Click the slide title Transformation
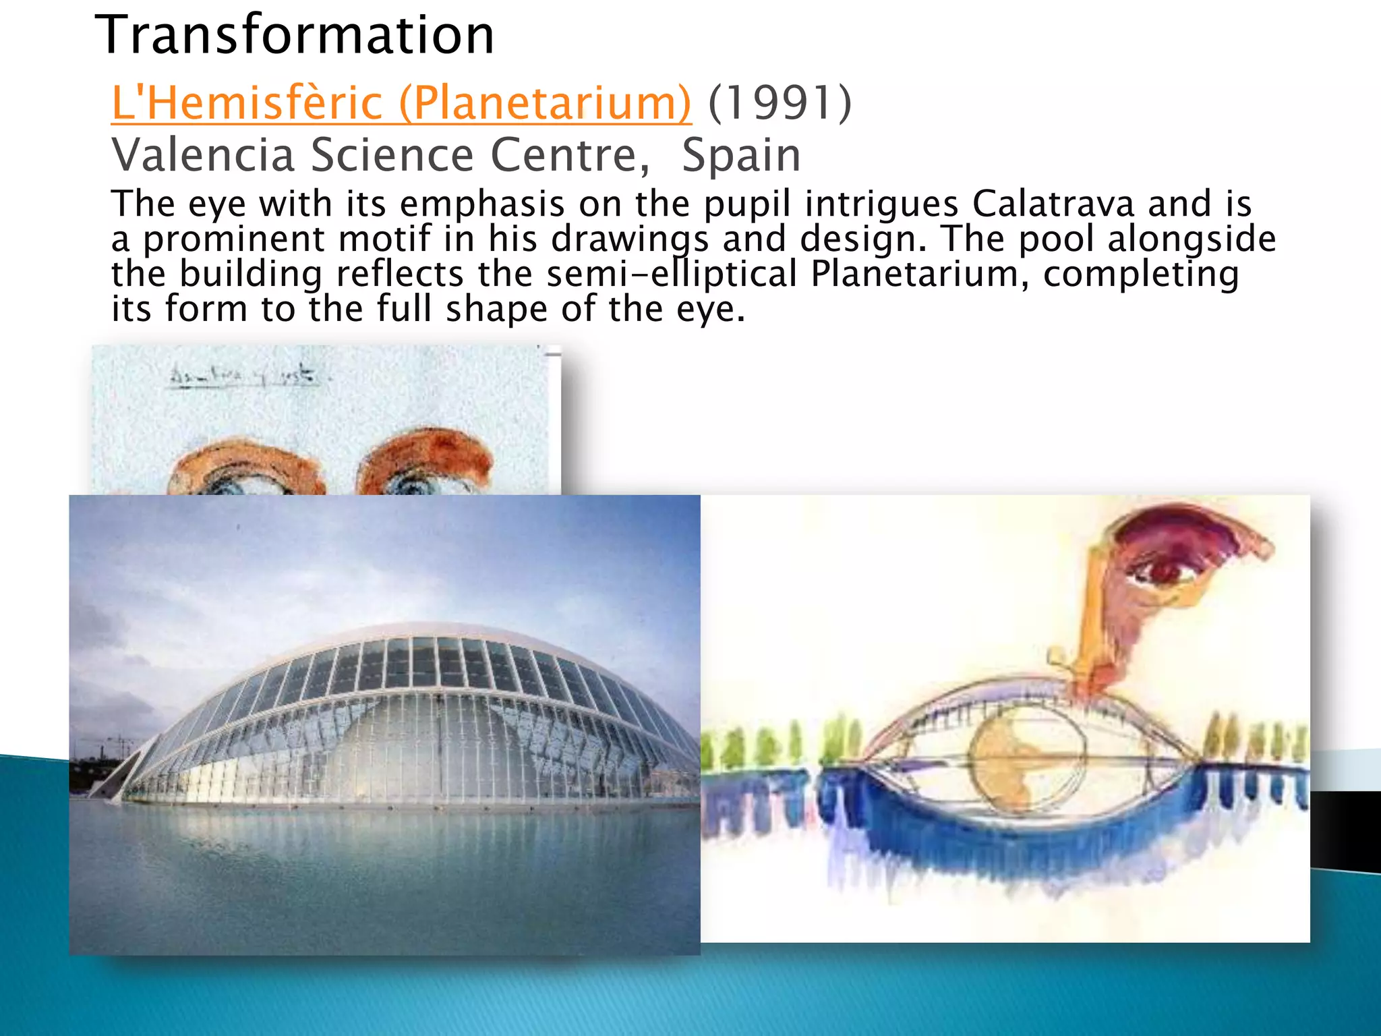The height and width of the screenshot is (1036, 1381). tap(295, 35)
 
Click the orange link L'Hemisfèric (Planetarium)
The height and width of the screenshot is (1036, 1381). tap(401, 103)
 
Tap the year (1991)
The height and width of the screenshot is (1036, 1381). tap(780, 103)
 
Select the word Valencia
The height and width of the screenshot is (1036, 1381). tap(203, 155)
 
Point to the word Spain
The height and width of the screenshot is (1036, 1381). tap(740, 155)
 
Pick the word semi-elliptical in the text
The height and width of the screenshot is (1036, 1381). tap(672, 274)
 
